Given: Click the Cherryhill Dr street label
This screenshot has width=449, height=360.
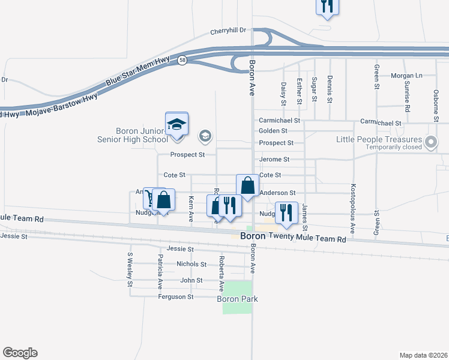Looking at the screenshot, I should pyautogui.click(x=229, y=32).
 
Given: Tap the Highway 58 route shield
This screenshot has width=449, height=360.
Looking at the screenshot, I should pyautogui.click(x=181, y=60).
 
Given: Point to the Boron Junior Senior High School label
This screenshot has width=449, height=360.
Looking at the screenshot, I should pyautogui.click(x=141, y=135).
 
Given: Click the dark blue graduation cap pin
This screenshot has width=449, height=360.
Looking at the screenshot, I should pyautogui.click(x=177, y=125).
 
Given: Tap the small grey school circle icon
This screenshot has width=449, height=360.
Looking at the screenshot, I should pyautogui.click(x=205, y=136).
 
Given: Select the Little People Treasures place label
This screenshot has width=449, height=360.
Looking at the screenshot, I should pyautogui.click(x=379, y=139).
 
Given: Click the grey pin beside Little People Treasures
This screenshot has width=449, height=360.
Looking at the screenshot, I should pyautogui.click(x=430, y=143).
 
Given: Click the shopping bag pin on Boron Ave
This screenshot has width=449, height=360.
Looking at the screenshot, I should pyautogui.click(x=247, y=186).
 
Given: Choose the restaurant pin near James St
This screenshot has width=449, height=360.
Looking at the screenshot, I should pyautogui.click(x=286, y=213).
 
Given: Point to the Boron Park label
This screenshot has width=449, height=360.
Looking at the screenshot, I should pyautogui.click(x=238, y=299).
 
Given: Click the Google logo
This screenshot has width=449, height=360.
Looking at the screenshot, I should pyautogui.click(x=20, y=353).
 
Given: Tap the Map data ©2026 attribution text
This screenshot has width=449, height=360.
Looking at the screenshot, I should pyautogui.click(x=423, y=355).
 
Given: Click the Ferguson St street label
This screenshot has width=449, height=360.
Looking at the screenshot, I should pyautogui.click(x=176, y=296).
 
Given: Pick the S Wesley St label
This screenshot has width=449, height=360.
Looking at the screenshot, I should pyautogui.click(x=130, y=270).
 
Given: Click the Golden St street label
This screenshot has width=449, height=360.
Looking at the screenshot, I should pyautogui.click(x=273, y=131).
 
